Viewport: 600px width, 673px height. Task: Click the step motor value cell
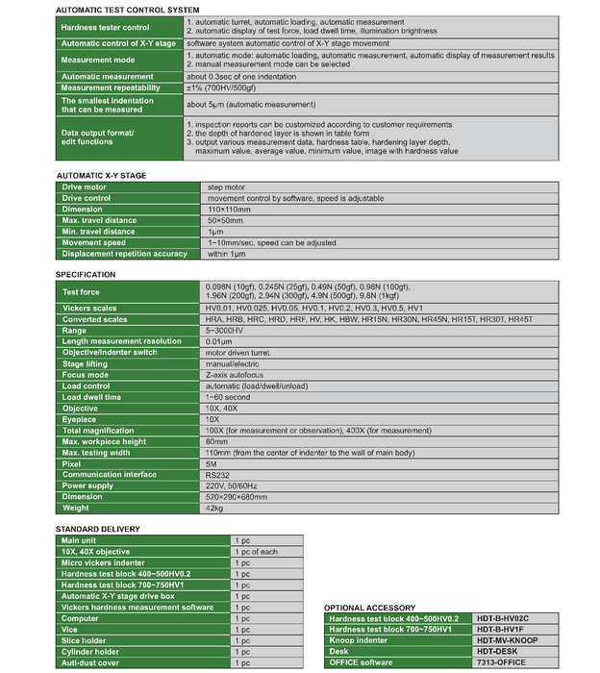(x=227, y=187)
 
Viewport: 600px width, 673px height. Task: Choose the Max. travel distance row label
(x=99, y=220)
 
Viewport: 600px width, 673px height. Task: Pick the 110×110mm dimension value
(x=230, y=209)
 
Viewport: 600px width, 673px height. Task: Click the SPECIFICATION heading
(x=86, y=275)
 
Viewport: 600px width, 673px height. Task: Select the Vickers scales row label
(x=89, y=309)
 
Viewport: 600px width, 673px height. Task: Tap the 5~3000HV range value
(x=224, y=331)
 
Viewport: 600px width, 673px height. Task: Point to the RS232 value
(x=217, y=474)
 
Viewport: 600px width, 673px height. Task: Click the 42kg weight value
(x=213, y=508)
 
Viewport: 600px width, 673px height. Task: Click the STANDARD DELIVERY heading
(x=97, y=529)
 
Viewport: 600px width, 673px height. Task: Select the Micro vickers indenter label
(x=104, y=562)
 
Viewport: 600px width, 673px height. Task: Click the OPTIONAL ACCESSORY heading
(x=369, y=608)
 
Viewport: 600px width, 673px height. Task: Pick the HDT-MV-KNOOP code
(x=507, y=640)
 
